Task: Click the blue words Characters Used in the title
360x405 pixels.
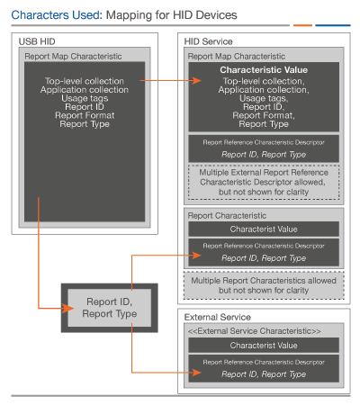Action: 57,15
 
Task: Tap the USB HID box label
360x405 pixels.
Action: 37,41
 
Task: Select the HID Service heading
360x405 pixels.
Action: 208,41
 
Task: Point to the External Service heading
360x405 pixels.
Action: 218,317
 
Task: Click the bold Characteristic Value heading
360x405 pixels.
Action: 264,70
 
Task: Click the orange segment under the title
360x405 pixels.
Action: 302,25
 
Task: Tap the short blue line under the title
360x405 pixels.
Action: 333,25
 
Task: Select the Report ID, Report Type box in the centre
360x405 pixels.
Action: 110,308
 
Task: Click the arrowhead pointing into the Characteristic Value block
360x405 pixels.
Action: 197,80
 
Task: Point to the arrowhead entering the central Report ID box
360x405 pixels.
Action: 67,308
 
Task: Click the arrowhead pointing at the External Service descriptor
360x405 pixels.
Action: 197,373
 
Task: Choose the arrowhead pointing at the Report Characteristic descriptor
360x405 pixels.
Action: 197,256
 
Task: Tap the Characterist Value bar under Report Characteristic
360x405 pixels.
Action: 264,229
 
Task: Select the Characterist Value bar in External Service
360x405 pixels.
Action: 264,346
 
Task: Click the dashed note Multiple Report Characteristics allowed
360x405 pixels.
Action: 264,285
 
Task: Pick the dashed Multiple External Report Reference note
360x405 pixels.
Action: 264,182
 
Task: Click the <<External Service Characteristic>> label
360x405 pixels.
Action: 255,331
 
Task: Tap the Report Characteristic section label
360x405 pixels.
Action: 227,215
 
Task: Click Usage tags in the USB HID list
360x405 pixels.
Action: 85,98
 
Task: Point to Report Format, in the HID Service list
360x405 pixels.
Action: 264,115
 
